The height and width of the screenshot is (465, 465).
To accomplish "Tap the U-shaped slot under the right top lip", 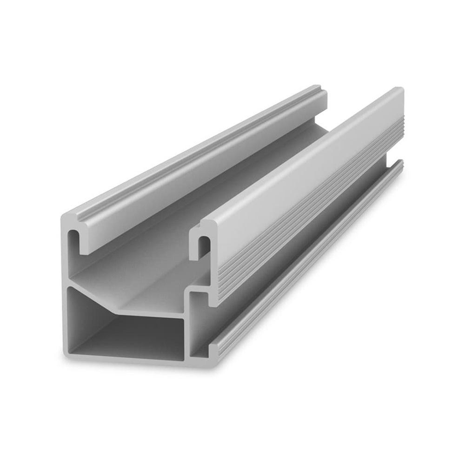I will coord(203,245).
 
